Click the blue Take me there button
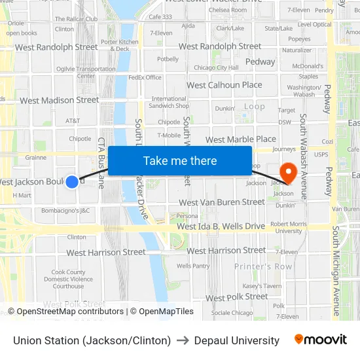pyautogui.click(x=180, y=161)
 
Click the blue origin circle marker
pyautogui.click(x=72, y=181)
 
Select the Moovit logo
pyautogui.click(x=321, y=340)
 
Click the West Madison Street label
pyautogui.click(x=60, y=100)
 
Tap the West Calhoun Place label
pyautogui.click(x=225, y=85)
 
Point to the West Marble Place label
pyautogui.click(x=241, y=139)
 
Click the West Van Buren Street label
pyautogui.click(x=221, y=202)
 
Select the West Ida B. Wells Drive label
pyautogui.click(x=221, y=226)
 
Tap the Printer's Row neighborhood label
pyautogui.click(x=263, y=266)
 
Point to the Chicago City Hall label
pyautogui.click(x=216, y=67)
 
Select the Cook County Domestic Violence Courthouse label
pyautogui.click(x=69, y=279)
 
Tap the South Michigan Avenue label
pyautogui.click(x=336, y=272)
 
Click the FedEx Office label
pyautogui.click(x=145, y=77)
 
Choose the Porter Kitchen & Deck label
pyautogui.click(x=120, y=45)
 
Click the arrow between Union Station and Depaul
pyautogui.click(x=183, y=340)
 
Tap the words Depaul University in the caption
pyautogui.click(x=237, y=340)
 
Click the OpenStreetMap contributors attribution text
pyautogui.click(x=65, y=312)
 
